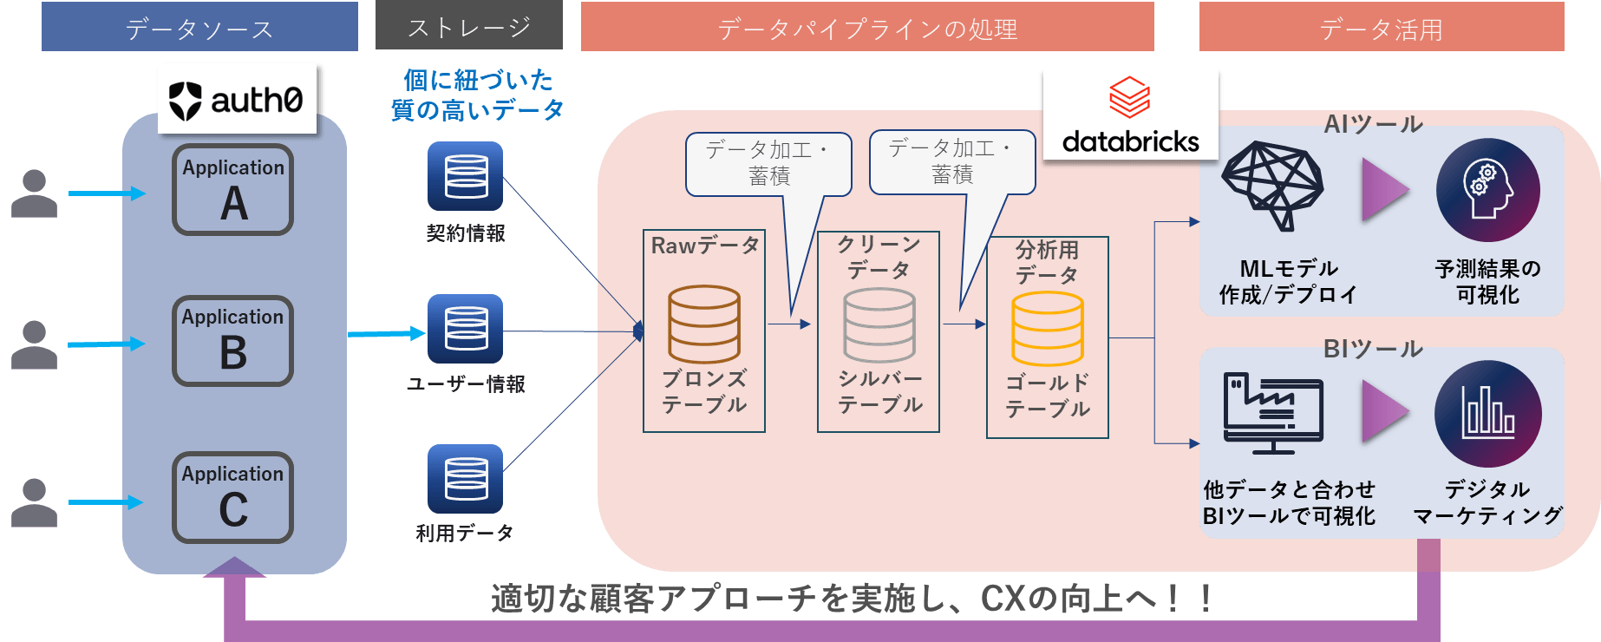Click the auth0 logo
[x=236, y=100]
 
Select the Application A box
[x=232, y=190]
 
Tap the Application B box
[x=232, y=340]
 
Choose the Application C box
[x=232, y=497]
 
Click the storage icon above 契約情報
[x=466, y=176]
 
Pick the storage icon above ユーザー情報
[x=466, y=329]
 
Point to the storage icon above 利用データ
[x=466, y=479]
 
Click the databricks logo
[x=1130, y=115]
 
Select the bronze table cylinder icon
[x=704, y=324]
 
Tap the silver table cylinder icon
[x=879, y=325]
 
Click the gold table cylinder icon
[x=1048, y=329]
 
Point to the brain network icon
[x=1273, y=185]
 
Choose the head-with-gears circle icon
[x=1487, y=190]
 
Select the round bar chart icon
[x=1487, y=414]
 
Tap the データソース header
[x=199, y=28]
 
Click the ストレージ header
[x=469, y=27]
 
